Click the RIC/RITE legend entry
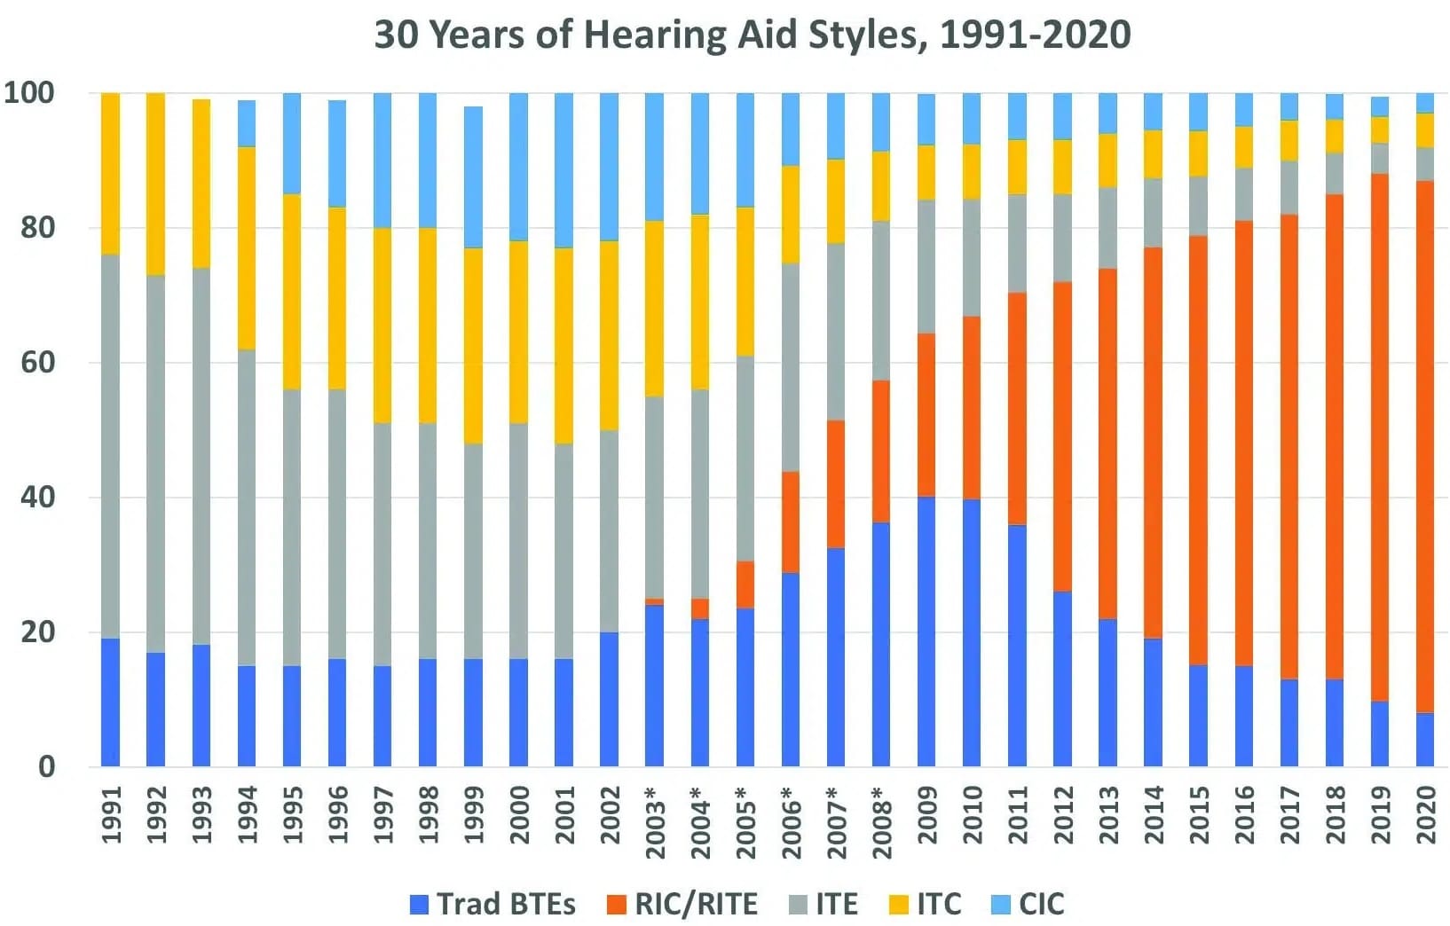[x=682, y=904]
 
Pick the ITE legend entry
[x=824, y=904]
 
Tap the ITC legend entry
[x=925, y=904]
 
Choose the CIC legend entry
[x=1028, y=904]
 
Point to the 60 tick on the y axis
[x=37, y=363]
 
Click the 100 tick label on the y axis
[x=29, y=93]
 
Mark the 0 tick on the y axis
[x=47, y=767]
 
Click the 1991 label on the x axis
[x=111, y=815]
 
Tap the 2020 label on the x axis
[x=1426, y=815]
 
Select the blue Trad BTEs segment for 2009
[x=926, y=632]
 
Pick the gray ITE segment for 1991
[x=111, y=446]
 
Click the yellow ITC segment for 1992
[x=156, y=184]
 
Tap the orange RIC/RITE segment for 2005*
[x=745, y=585]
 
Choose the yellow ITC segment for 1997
[x=382, y=326]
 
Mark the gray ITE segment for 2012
[x=1062, y=238]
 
